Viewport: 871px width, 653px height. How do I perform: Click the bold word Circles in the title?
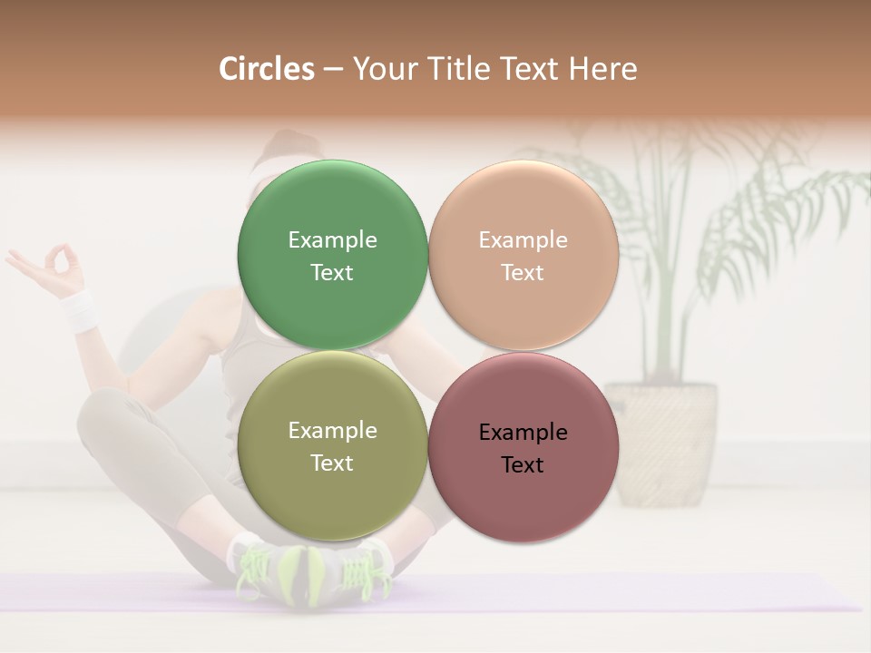(266, 69)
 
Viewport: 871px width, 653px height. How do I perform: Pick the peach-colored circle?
(523, 209)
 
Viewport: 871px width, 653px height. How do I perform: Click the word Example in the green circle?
(332, 239)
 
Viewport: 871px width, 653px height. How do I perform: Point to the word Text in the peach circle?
(523, 272)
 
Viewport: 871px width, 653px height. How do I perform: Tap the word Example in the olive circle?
(332, 430)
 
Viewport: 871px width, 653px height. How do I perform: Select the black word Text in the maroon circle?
(523, 464)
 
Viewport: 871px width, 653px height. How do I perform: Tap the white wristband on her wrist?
(82, 310)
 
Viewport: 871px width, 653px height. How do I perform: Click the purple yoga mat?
(635, 594)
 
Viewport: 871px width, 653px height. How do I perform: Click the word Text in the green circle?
(332, 272)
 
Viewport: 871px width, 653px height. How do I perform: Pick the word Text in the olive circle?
(332, 463)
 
